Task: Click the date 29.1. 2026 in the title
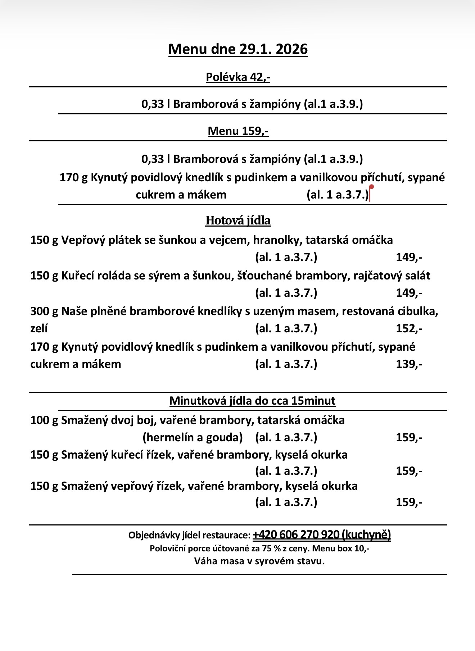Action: (x=273, y=49)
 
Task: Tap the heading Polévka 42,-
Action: (x=238, y=77)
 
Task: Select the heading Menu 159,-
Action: (x=238, y=131)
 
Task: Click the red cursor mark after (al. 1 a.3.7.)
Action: (x=371, y=193)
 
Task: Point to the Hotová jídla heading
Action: (x=238, y=220)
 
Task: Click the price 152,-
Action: (x=409, y=328)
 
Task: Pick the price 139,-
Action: (x=409, y=364)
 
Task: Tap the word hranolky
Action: (x=277, y=240)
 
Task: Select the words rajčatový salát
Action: (x=392, y=276)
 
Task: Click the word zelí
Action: (x=39, y=328)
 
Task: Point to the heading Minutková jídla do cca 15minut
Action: (x=252, y=401)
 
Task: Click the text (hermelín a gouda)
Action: (x=193, y=437)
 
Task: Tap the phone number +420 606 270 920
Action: (x=296, y=535)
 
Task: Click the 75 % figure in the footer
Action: (x=265, y=549)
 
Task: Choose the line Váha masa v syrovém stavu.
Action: (x=259, y=561)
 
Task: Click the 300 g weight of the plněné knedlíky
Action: (x=44, y=311)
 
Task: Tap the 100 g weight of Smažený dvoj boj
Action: (x=44, y=420)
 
